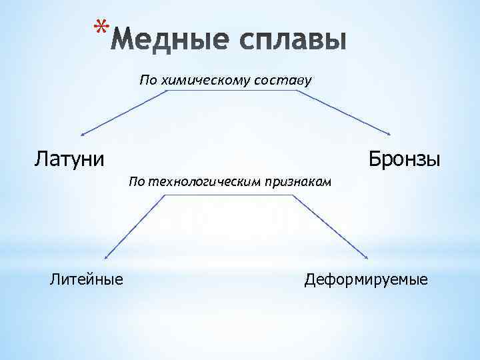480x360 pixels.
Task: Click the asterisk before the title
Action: [100, 28]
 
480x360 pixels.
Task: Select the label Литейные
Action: [87, 278]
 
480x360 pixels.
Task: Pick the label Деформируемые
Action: [366, 278]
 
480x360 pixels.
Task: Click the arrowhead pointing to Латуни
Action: [83, 134]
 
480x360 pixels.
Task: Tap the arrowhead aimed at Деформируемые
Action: [368, 257]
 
